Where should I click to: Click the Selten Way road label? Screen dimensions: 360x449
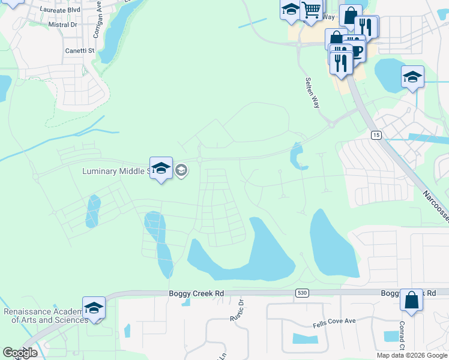(312, 92)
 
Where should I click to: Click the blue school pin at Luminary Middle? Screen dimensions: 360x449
(161, 169)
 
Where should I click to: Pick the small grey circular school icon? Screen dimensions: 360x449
(181, 171)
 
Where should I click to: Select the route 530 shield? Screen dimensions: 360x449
(301, 292)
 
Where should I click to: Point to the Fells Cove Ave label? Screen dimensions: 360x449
(334, 321)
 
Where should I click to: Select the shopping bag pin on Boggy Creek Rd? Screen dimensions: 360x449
(412, 299)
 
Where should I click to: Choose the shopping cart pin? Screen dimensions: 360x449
(311, 10)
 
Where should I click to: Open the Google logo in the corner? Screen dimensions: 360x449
(20, 353)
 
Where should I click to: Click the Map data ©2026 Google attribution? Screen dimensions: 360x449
(412, 355)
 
